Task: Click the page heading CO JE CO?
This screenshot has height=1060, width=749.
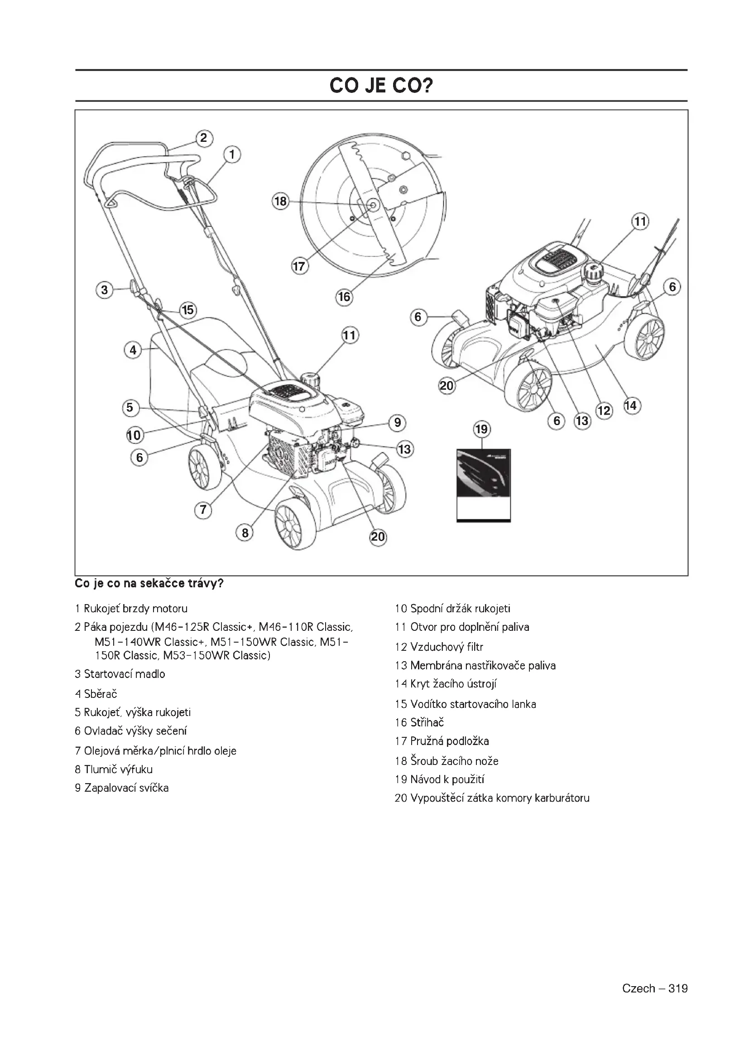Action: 381,86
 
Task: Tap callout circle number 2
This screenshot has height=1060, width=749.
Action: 204,138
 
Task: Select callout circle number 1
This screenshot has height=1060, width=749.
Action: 232,154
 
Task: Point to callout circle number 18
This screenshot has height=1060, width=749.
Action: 280,201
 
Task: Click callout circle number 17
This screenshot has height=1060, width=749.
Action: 300,266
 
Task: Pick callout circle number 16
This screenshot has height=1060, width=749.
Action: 345,296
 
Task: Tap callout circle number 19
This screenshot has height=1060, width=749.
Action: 481,429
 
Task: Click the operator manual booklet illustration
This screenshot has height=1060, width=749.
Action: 483,485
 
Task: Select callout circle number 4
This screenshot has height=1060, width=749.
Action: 133,350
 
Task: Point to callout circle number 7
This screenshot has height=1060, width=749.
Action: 203,510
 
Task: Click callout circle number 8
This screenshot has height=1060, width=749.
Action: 245,533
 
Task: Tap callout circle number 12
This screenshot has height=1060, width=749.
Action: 604,411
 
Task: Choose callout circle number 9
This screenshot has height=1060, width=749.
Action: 397,422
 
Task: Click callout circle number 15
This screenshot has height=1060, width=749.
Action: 188,310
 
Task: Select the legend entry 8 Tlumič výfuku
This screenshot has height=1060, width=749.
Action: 114,770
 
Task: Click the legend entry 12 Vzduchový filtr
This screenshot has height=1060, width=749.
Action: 439,647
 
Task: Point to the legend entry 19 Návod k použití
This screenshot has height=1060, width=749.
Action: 440,780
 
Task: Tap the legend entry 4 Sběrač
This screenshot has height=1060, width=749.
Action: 96,694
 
